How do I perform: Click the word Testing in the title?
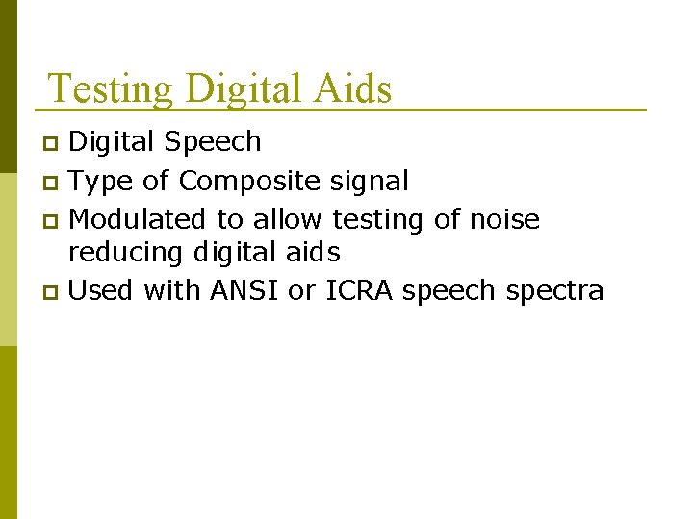click(x=110, y=89)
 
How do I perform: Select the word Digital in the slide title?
click(x=244, y=89)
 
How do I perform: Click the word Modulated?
click(x=138, y=219)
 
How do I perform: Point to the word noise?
click(x=504, y=219)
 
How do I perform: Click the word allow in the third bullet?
click(x=287, y=219)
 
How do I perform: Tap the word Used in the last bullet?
click(x=102, y=290)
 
